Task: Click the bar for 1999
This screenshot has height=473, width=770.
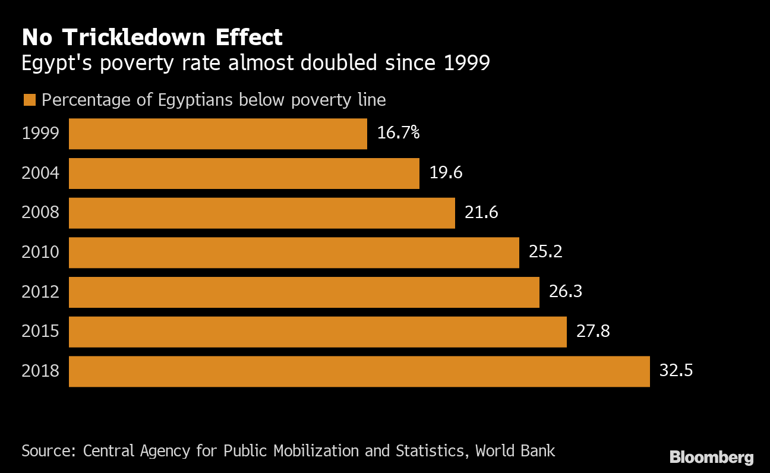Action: click(217, 134)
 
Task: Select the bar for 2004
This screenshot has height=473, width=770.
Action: click(244, 174)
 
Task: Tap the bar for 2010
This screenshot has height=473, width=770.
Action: click(294, 253)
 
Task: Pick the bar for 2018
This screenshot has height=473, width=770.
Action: click(359, 371)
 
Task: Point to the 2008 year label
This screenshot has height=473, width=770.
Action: click(40, 212)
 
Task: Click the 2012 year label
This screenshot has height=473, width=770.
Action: click(40, 292)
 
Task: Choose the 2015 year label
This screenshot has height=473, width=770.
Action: click(40, 331)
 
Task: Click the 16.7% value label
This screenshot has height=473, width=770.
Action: click(398, 133)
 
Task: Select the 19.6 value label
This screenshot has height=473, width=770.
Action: click(446, 173)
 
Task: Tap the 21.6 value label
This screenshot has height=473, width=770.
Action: click(481, 212)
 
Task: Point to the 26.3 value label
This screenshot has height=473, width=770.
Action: click(566, 292)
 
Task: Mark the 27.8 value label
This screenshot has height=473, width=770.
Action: click(593, 331)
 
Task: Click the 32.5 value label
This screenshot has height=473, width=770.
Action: click(676, 371)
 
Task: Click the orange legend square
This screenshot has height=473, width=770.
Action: click(30, 100)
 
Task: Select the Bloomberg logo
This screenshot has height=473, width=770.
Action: click(711, 458)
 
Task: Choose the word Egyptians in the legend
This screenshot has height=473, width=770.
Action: click(195, 100)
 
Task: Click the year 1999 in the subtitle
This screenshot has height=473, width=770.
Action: click(467, 62)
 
